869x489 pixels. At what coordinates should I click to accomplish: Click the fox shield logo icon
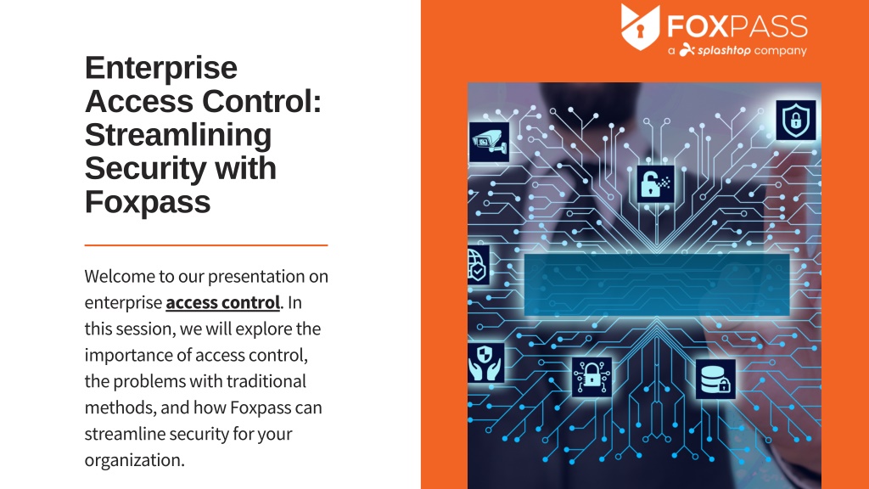[x=640, y=26]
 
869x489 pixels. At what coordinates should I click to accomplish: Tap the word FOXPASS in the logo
[x=737, y=26]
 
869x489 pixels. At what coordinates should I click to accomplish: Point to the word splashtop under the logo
[x=724, y=50]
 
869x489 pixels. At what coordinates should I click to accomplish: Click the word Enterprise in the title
[x=160, y=68]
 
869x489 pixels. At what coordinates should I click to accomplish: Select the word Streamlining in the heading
[x=178, y=135]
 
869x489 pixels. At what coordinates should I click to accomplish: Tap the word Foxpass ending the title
[x=148, y=202]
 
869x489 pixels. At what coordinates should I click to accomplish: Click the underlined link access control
[x=223, y=302]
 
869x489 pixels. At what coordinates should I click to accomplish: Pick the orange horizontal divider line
[x=206, y=244]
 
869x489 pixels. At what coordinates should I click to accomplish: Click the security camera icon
[x=490, y=142]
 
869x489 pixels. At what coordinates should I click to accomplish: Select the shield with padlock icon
[x=796, y=120]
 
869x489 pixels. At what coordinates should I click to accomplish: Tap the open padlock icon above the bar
[x=656, y=183]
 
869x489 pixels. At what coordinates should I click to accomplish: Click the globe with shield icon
[x=478, y=265]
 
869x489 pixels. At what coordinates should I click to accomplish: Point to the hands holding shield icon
[x=485, y=363]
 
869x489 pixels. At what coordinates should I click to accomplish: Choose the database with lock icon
[x=715, y=379]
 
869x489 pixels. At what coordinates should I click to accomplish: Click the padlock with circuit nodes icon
[x=591, y=376]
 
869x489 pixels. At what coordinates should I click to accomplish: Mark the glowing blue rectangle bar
[x=657, y=285]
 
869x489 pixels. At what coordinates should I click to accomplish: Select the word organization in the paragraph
[x=134, y=460]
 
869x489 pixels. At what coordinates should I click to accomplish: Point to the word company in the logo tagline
[x=781, y=51]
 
